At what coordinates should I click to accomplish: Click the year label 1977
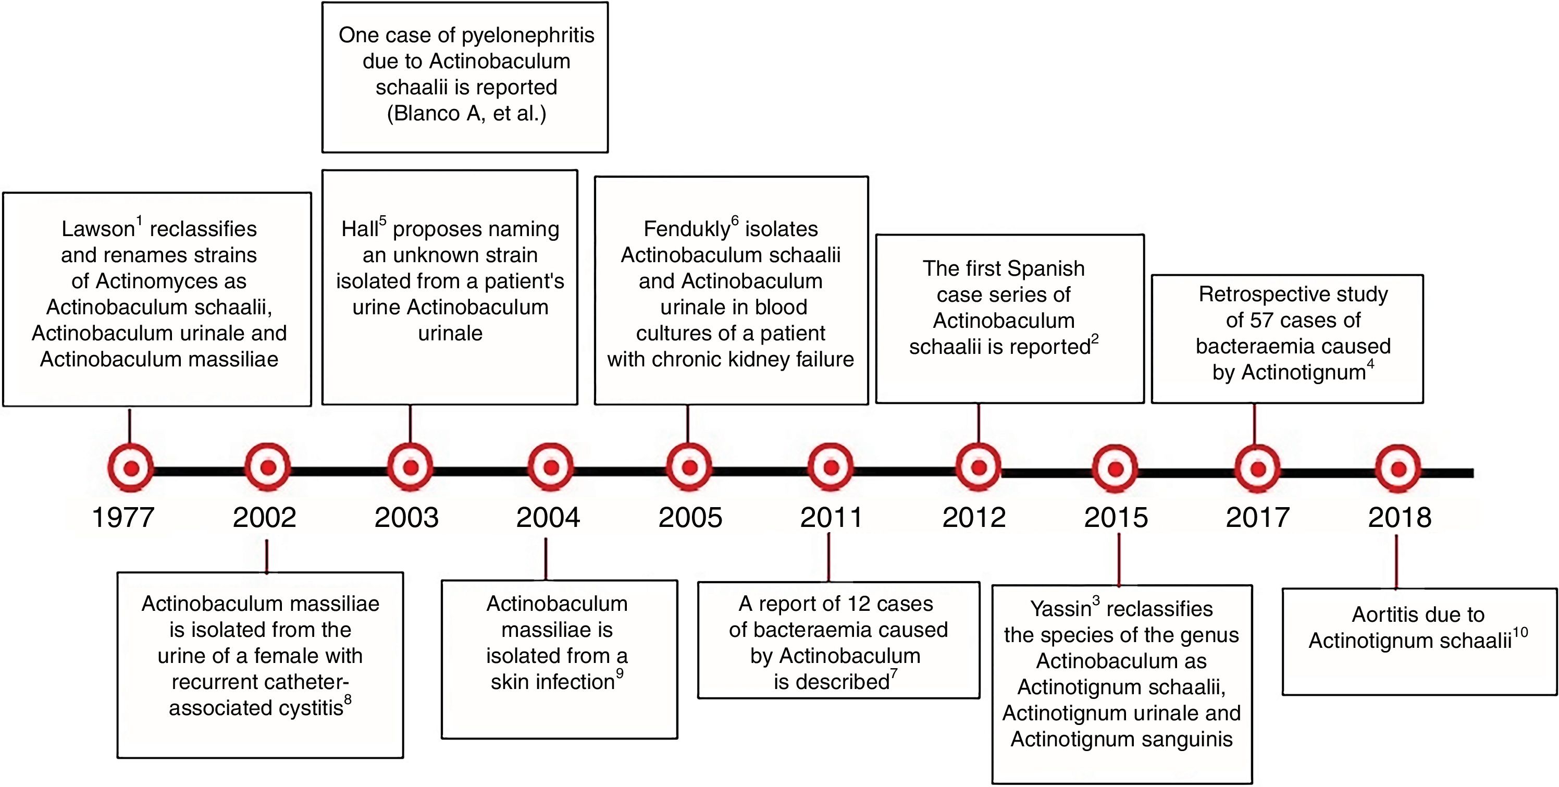[x=123, y=518]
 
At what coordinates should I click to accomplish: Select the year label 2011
[x=832, y=518]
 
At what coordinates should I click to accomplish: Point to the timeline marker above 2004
[x=551, y=468]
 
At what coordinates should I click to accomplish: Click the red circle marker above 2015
[x=1116, y=469]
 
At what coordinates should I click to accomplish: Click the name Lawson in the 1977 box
[x=97, y=229]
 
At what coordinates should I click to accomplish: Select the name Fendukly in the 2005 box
[x=686, y=229]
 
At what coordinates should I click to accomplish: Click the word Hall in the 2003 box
[x=360, y=229]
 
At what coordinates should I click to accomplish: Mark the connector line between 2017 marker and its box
[x=1254, y=424]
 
